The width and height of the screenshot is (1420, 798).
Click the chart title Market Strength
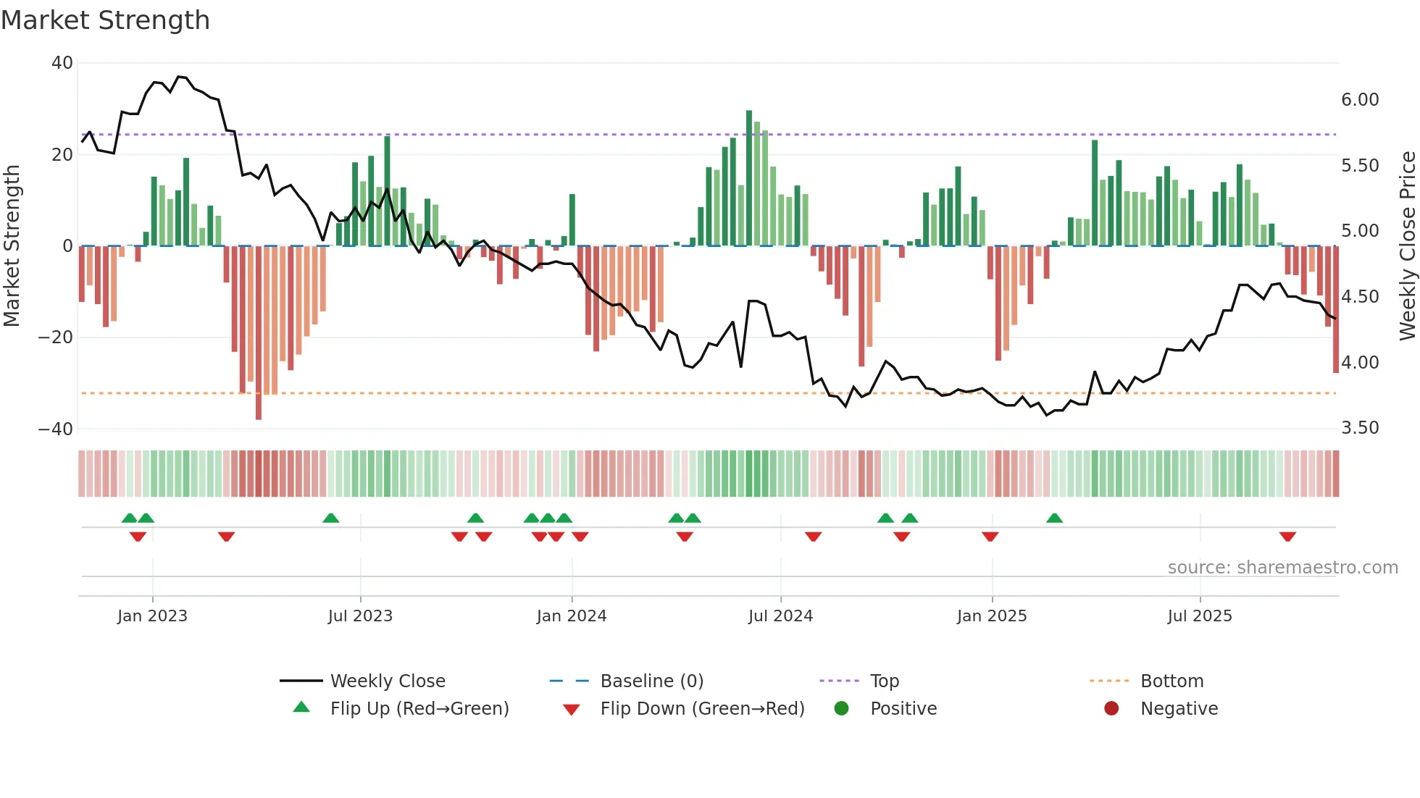point(105,20)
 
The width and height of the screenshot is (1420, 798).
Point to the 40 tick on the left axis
point(62,63)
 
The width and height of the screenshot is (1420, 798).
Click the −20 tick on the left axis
point(56,337)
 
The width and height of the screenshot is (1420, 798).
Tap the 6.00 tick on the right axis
point(1360,100)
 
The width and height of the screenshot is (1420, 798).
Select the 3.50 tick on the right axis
point(1360,428)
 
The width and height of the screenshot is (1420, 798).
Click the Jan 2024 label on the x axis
point(572,616)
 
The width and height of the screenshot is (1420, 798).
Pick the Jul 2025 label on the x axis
point(1200,616)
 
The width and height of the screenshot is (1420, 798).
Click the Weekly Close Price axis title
point(1407,245)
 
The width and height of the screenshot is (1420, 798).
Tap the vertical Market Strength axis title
point(12,245)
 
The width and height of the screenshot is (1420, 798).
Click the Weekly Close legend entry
point(388,681)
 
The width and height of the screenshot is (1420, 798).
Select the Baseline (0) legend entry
point(651,681)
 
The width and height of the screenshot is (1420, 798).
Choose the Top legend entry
point(884,681)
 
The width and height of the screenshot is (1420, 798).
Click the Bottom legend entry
point(1171,681)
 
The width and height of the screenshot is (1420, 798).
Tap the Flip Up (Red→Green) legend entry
point(419,709)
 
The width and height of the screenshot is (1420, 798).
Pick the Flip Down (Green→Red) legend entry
point(702,709)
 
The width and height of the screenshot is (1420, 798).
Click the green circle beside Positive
point(841,709)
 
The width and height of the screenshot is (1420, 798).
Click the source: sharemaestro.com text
point(1282,568)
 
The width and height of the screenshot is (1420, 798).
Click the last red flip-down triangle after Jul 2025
point(1287,537)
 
